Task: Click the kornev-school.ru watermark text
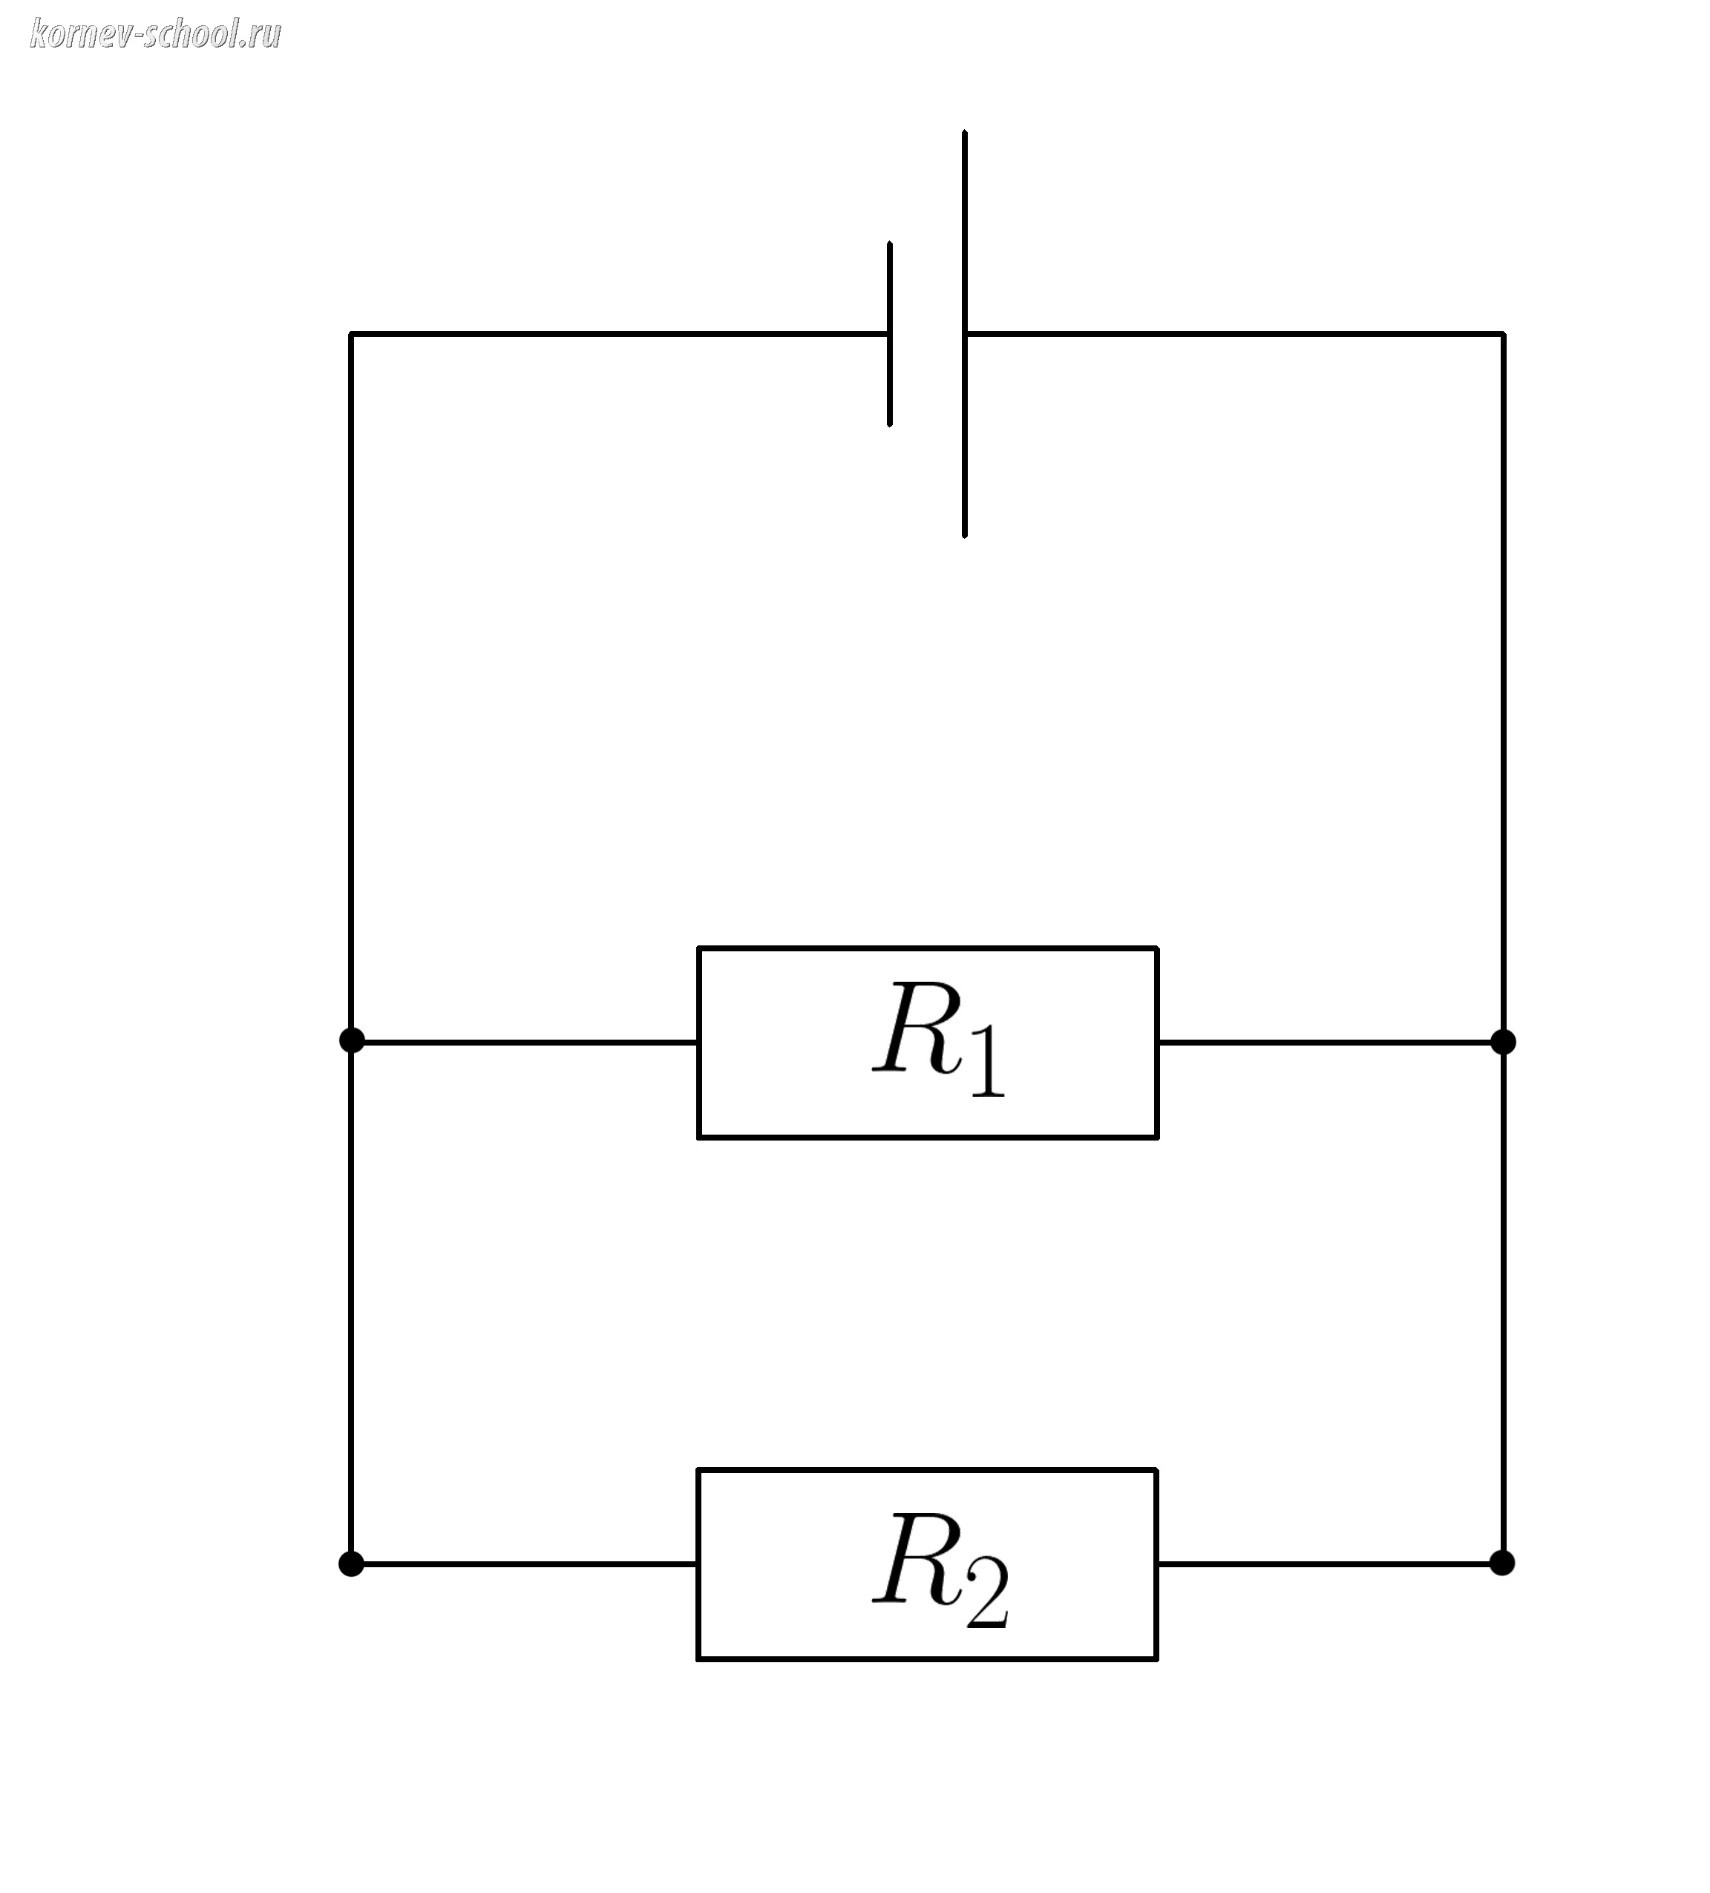click(155, 35)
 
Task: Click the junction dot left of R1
click(351, 1040)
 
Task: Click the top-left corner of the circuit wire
click(351, 333)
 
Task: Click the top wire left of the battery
click(620, 333)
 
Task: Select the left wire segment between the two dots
click(351, 1301)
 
